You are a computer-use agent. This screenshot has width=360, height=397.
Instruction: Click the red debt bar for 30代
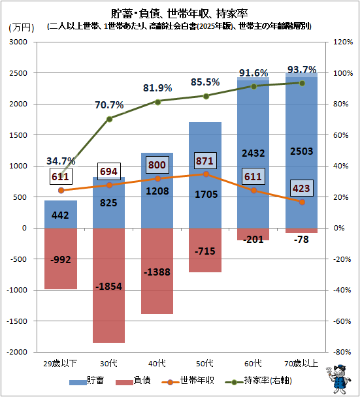point(109,285)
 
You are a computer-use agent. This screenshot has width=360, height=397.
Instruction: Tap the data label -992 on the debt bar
point(61,259)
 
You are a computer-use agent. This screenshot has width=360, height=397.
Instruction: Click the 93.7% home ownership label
point(301,69)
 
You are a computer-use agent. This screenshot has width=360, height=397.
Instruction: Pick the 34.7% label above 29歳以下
point(61,161)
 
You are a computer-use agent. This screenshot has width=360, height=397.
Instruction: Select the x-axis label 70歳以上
point(301,363)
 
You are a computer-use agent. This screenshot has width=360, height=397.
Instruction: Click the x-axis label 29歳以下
point(61,363)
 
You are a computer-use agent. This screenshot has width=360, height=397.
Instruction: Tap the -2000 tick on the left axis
point(25,352)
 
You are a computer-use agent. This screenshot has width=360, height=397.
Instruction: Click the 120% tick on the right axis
point(343,42)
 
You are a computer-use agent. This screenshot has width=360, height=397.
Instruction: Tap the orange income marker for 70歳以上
point(301,202)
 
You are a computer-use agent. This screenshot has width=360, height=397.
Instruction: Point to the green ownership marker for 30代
point(109,119)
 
